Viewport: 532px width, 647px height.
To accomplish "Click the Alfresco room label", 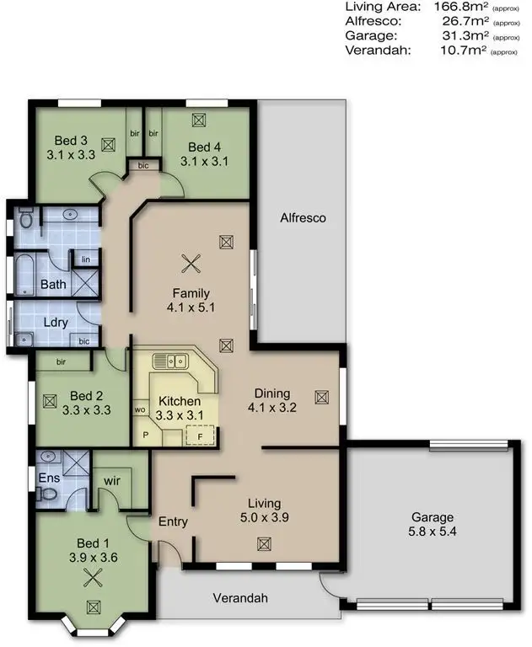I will pos(303,218).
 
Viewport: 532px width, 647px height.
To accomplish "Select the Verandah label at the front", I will pos(240,599).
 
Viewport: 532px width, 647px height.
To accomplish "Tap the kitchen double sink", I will pos(169,361).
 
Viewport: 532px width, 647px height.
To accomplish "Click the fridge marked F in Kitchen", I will pos(200,436).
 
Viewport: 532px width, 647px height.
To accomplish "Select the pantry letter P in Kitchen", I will pos(145,436).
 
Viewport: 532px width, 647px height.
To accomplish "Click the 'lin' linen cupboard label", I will pos(85,260).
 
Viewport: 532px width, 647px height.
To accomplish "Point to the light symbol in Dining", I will pos(320,396).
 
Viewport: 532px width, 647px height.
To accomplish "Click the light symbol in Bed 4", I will pos(200,120).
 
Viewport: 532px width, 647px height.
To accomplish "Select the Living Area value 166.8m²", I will pos(459,7).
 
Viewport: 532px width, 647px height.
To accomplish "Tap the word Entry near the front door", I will pos(173,522).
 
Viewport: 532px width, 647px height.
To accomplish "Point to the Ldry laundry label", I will pos(54,323).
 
